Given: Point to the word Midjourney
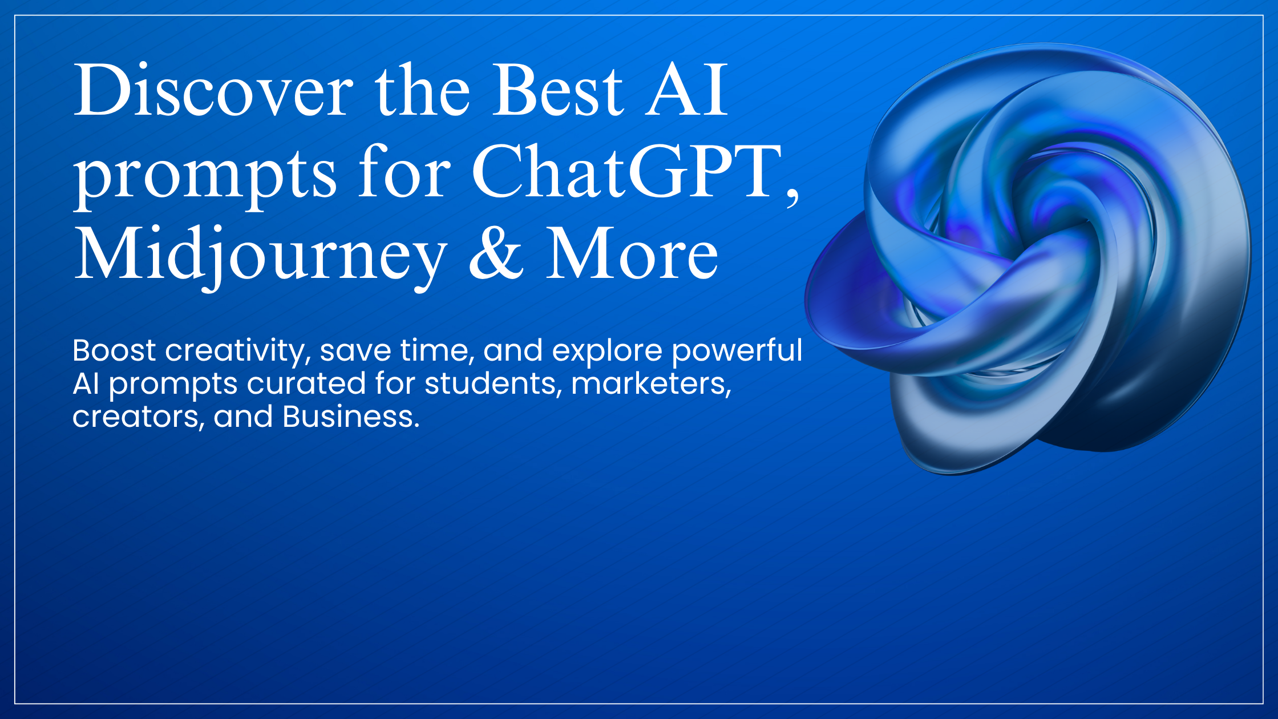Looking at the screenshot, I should click(260, 254).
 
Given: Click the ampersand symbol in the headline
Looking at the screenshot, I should click(495, 254).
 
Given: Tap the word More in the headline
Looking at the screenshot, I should click(632, 254).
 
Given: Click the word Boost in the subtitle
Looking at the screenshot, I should click(114, 350).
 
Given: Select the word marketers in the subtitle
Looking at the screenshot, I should click(651, 383).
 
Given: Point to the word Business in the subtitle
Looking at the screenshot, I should click(350, 417).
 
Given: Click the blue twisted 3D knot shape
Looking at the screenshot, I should click(1027, 257).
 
